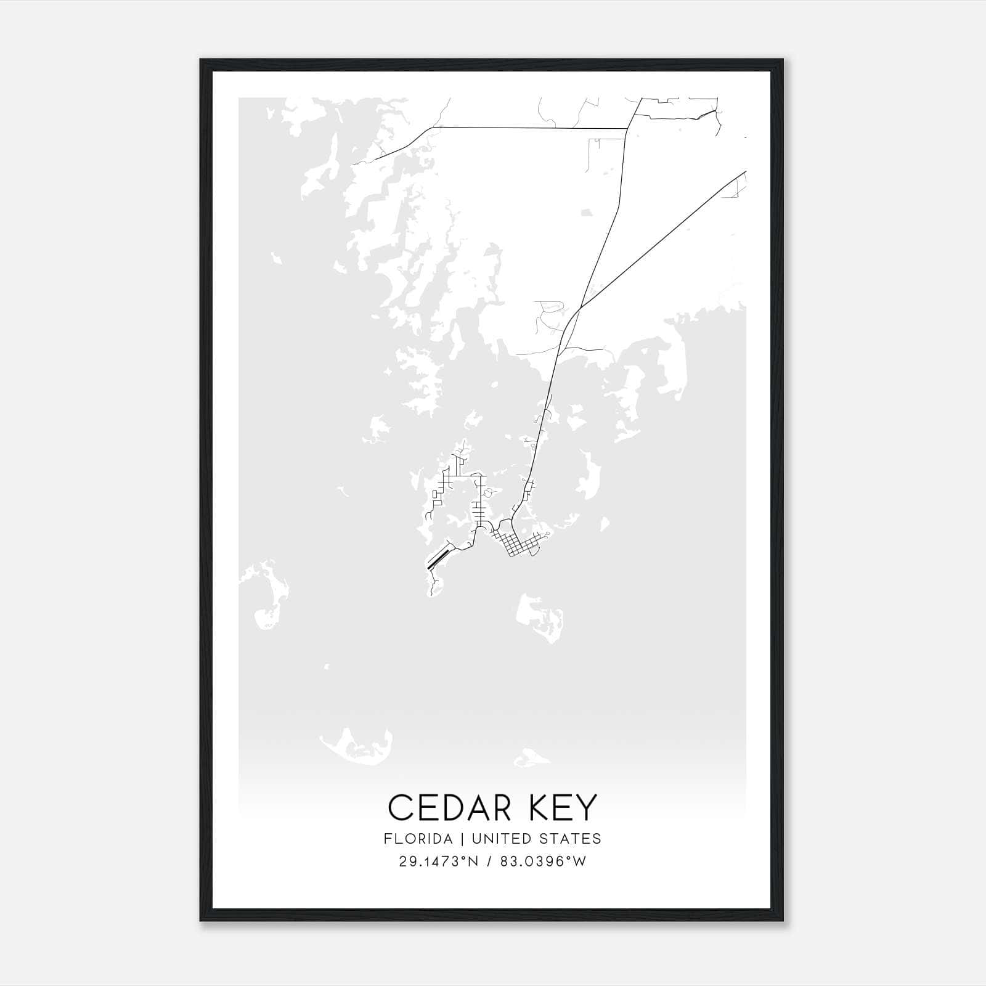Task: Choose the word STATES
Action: pyautogui.click(x=571, y=839)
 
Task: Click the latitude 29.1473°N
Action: pyautogui.click(x=439, y=862)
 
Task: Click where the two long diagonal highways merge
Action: pyautogui.click(x=579, y=308)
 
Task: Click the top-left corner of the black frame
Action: pyautogui.click(x=201, y=60)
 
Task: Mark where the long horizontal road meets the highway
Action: pyautogui.click(x=627, y=129)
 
